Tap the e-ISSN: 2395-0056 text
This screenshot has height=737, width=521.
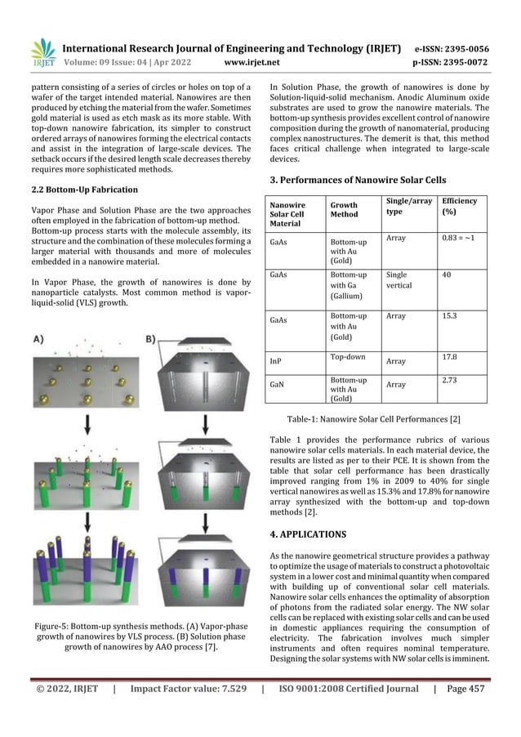point(462,47)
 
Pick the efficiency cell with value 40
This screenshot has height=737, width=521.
point(447,275)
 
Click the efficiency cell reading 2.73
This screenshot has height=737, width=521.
point(451,380)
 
